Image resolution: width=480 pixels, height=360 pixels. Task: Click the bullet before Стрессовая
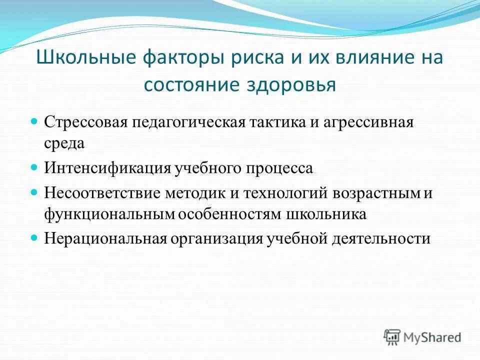[34, 121]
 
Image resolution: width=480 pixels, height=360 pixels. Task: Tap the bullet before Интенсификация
[34, 166]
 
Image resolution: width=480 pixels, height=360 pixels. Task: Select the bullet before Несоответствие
[34, 192]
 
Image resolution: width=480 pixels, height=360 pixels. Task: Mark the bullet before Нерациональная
[34, 237]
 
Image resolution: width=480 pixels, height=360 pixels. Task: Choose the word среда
[64, 143]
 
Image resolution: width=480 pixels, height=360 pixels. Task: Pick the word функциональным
[109, 214]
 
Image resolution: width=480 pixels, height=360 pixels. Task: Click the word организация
[217, 238]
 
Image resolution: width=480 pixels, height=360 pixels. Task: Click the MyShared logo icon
[392, 337]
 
